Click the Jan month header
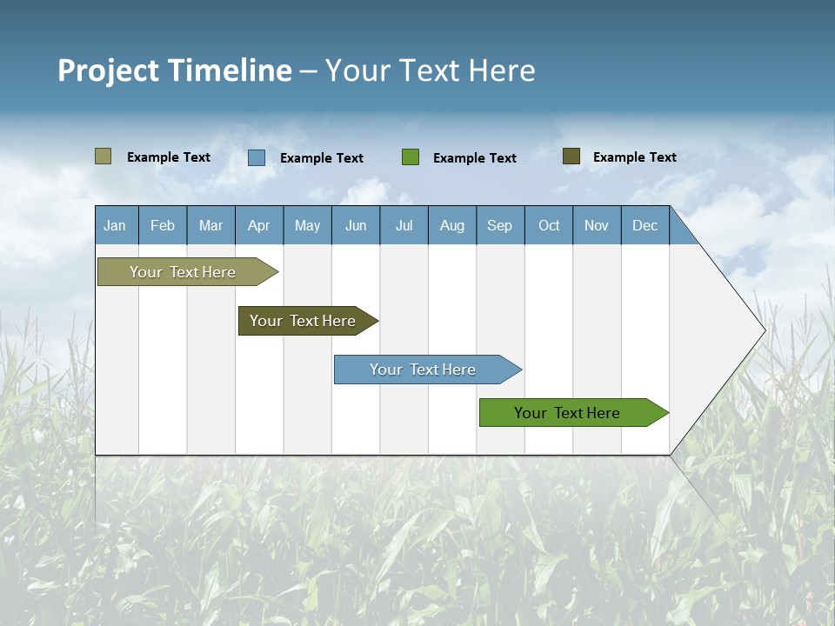tap(115, 225)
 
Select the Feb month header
tap(163, 225)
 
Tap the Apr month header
tap(259, 225)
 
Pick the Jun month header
tap(356, 225)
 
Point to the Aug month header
tap(452, 225)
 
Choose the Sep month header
tap(500, 225)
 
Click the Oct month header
tap(549, 225)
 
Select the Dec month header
tap(645, 225)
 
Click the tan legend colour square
tap(104, 156)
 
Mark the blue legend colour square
tap(257, 157)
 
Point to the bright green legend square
tap(411, 157)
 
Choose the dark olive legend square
tap(571, 156)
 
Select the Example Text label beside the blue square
tap(322, 158)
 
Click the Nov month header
tap(597, 225)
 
